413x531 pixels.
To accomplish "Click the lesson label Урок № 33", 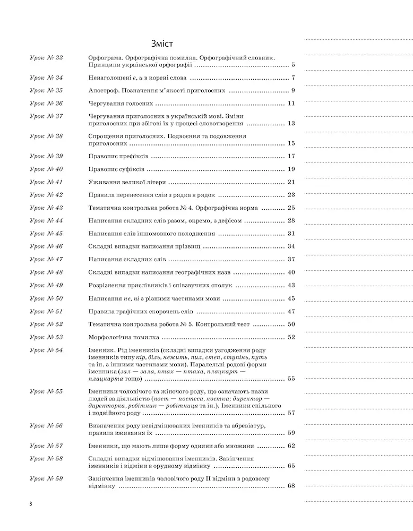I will click(x=46, y=57).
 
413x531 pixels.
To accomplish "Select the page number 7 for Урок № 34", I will click(x=292, y=78).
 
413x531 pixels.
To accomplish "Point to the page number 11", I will click(x=291, y=103).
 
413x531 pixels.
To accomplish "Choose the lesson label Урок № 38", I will click(x=46, y=136).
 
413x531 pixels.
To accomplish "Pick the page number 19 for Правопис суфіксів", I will click(x=291, y=169).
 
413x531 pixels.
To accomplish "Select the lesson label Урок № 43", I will click(x=46, y=208).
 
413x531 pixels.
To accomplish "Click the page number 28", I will click(x=291, y=221).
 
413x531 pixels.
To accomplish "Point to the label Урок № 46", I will click(x=46, y=246).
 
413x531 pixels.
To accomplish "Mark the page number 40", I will click(x=291, y=272).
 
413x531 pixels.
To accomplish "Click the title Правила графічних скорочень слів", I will click(x=140, y=311).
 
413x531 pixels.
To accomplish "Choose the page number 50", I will click(x=291, y=324).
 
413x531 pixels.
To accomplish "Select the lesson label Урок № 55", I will click(x=46, y=391).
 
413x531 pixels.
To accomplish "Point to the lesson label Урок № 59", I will click(x=46, y=478).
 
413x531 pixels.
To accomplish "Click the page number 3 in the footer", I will click(x=31, y=503).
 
